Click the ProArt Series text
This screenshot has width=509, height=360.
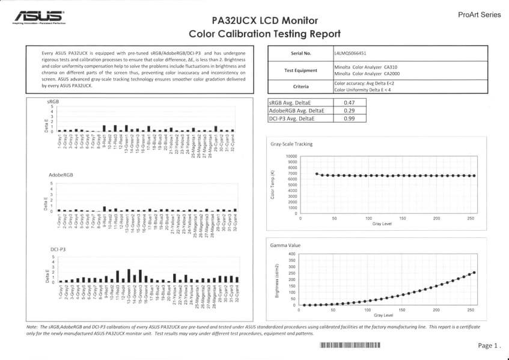pyautogui.click(x=478, y=14)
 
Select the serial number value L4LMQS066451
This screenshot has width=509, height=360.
pyautogui.click(x=354, y=53)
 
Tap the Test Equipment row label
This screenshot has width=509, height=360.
pyautogui.click(x=300, y=70)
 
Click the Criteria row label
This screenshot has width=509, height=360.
pyautogui.click(x=300, y=87)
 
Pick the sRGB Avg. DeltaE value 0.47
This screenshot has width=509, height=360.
pyautogui.click(x=349, y=103)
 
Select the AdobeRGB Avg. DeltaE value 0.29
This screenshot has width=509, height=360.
pyautogui.click(x=349, y=111)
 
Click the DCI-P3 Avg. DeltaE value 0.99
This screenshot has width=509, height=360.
pyautogui.click(x=349, y=118)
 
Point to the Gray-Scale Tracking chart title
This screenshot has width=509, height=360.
pyautogui.click(x=291, y=144)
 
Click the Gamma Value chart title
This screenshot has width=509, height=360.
pyautogui.click(x=285, y=245)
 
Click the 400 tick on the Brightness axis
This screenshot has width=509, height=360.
pyautogui.click(x=292, y=254)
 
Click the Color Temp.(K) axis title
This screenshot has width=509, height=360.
pyautogui.click(x=274, y=185)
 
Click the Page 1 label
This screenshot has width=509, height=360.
pyautogui.click(x=489, y=346)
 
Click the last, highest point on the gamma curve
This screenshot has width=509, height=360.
pyautogui.click(x=474, y=272)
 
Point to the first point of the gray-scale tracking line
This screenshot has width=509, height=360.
pyautogui.click(x=317, y=174)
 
